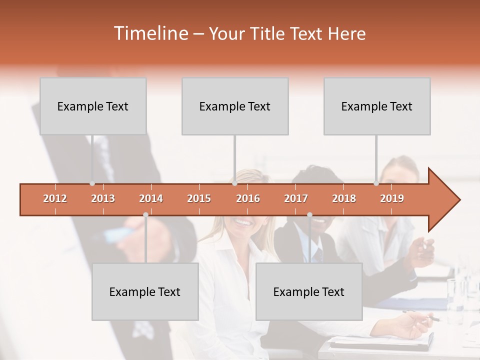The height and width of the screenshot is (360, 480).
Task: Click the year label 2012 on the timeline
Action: (55, 198)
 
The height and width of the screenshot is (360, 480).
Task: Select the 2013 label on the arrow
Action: (103, 198)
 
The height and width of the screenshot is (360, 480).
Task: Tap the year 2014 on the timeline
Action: (151, 198)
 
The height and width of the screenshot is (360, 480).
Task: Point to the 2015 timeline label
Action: (199, 198)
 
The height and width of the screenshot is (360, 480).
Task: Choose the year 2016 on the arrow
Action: (248, 198)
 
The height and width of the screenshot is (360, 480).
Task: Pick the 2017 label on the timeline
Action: (296, 198)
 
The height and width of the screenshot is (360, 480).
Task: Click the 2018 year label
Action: (344, 198)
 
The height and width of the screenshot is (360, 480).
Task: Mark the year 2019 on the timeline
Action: (392, 198)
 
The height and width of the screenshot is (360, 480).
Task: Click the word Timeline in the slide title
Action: (150, 33)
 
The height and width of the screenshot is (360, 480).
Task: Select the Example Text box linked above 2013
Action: (93, 106)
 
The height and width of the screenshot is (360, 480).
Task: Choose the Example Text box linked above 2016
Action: (235, 106)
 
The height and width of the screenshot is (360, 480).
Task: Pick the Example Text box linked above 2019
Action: (377, 106)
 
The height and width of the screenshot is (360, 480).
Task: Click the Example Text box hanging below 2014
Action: (145, 291)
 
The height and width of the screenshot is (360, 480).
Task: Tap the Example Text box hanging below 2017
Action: (309, 291)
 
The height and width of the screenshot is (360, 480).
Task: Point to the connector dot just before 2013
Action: (92, 183)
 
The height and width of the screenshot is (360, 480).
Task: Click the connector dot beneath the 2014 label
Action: (145, 214)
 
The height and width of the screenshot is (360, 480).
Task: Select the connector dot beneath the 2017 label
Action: (309, 214)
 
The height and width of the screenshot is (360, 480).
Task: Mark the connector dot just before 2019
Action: (376, 183)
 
